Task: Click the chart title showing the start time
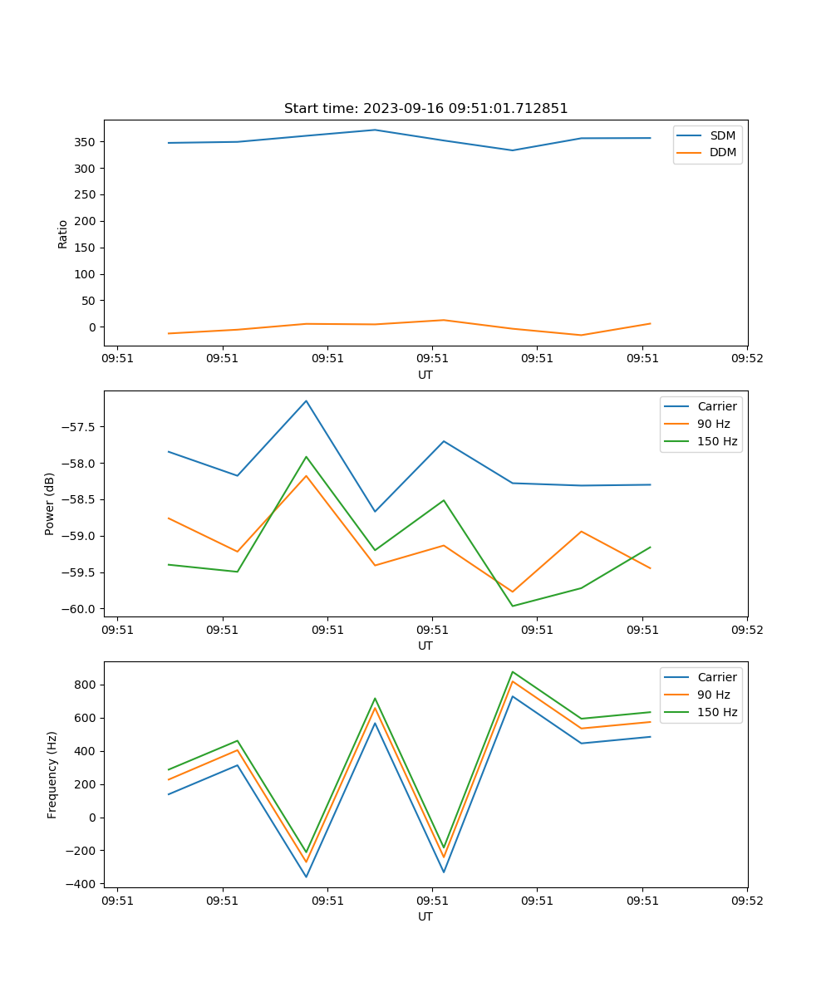425,109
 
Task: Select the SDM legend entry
722,135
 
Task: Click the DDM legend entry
722,152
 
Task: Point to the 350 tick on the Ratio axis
87,142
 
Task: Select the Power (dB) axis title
51,503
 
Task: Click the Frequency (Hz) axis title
52,774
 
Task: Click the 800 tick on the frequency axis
87,685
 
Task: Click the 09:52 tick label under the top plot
747,358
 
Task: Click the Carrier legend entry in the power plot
716,406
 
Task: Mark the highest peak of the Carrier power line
306,400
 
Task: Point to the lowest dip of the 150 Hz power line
513,606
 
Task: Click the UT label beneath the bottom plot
425,916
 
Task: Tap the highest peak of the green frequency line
513,671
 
